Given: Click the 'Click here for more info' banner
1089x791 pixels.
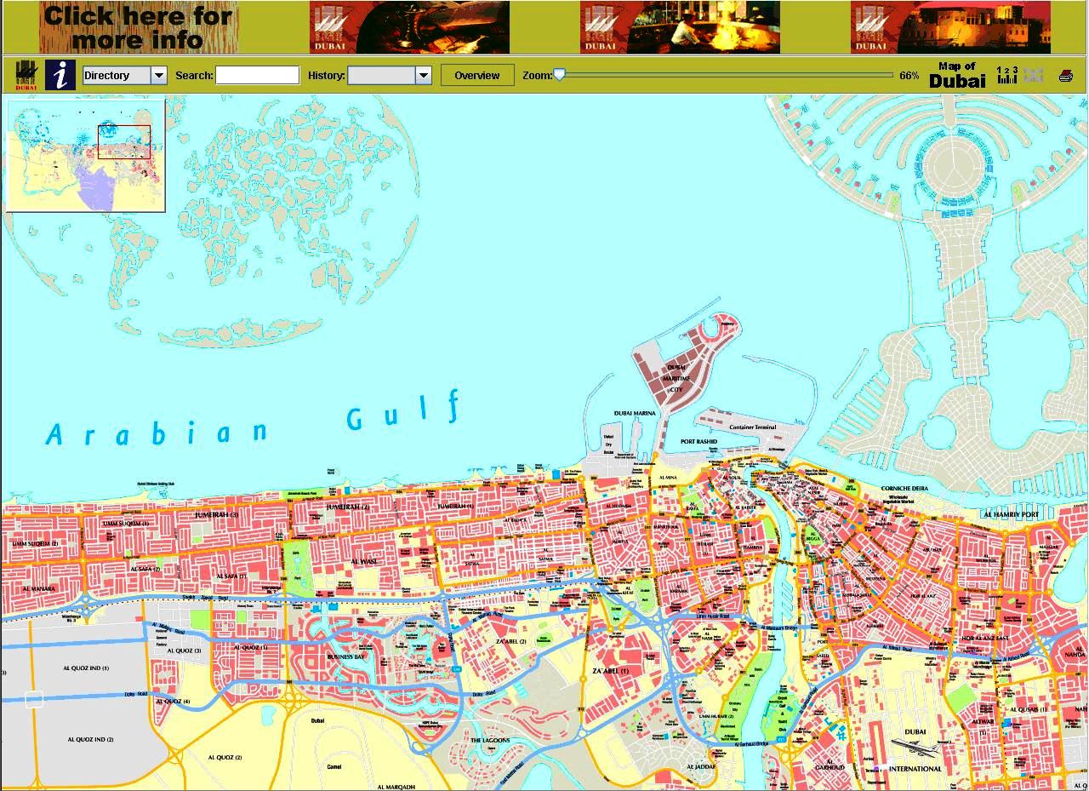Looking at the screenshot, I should click(138, 27).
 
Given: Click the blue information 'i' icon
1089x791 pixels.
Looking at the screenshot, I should click(60, 75).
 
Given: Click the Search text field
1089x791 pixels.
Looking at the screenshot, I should click(257, 76).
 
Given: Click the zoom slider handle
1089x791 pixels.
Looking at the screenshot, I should click(559, 75).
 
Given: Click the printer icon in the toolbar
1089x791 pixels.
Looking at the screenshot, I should click(1065, 76).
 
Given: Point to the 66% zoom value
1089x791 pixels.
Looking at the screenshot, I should click(909, 76).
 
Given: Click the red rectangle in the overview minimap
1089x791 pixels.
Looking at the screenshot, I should click(124, 142).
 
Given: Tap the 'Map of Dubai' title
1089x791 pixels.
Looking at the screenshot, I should click(957, 75).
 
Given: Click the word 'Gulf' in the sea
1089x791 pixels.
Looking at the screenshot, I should click(404, 413).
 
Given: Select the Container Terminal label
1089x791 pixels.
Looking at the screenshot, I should click(746, 427).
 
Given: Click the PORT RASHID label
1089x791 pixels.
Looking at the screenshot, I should click(698, 442).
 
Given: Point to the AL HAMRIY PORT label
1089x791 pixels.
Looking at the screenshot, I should click(1010, 514).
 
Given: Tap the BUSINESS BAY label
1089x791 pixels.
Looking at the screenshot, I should click(345, 656).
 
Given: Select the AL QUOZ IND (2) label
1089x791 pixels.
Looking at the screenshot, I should click(91, 739).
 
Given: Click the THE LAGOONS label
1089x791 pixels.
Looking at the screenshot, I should click(490, 740).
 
